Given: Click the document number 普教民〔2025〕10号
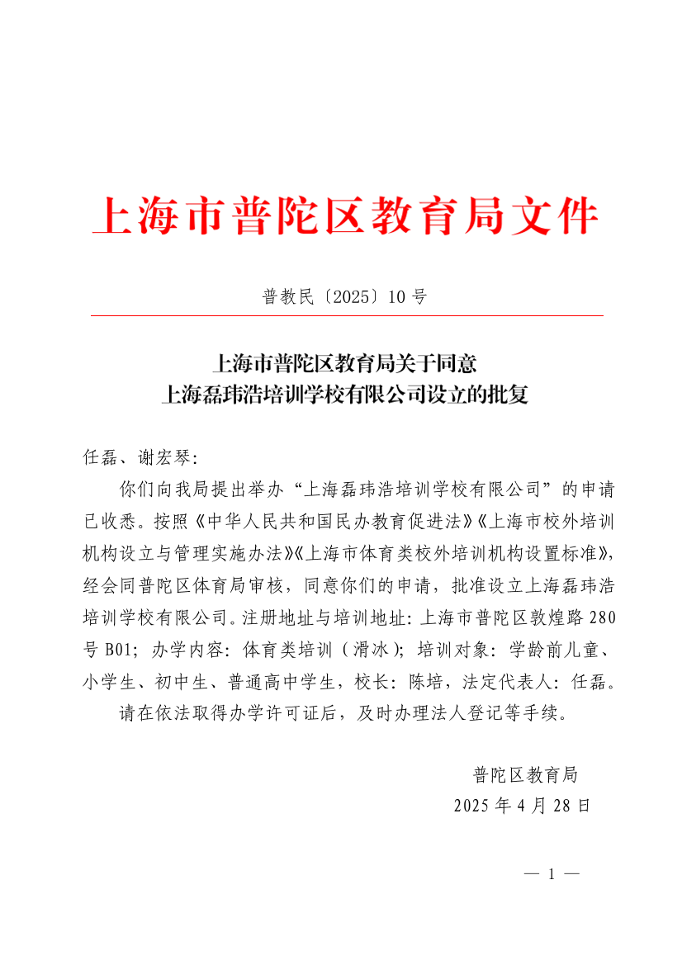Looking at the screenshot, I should [x=344, y=297].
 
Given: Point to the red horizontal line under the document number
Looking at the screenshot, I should [x=346, y=315].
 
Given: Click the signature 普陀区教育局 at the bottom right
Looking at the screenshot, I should [x=524, y=774].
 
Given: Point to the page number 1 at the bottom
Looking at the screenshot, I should [x=551, y=874].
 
